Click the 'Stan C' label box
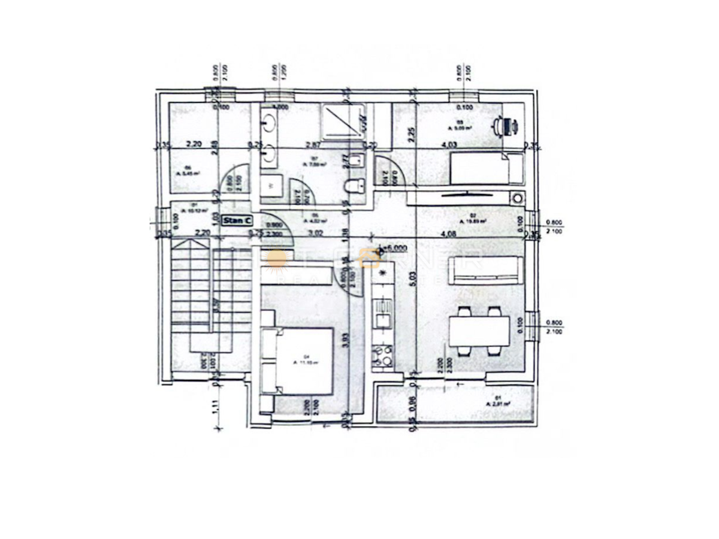pyautogui.click(x=236, y=220)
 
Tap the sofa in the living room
pyautogui.click(x=485, y=269)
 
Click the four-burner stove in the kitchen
pyautogui.click(x=382, y=356)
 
